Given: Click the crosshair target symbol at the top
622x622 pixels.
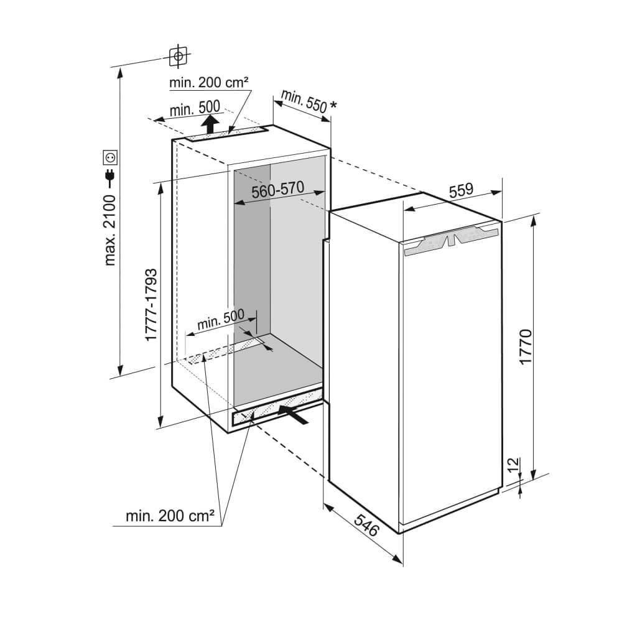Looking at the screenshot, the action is click(179, 56).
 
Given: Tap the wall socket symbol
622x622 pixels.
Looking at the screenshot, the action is click(110, 157).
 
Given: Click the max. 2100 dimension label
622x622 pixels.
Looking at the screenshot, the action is click(110, 230).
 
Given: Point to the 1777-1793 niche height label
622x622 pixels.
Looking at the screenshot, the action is click(151, 305).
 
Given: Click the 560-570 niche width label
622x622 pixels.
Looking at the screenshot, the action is click(277, 189).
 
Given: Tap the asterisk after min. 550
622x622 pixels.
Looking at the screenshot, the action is click(333, 106).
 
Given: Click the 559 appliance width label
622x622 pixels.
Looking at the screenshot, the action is click(462, 190).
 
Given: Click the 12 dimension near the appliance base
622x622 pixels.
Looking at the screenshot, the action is click(513, 465).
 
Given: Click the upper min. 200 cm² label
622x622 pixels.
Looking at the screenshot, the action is click(208, 83).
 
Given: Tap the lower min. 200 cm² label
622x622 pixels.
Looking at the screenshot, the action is click(170, 516).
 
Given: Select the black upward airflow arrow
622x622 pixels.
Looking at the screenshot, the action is click(210, 123).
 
